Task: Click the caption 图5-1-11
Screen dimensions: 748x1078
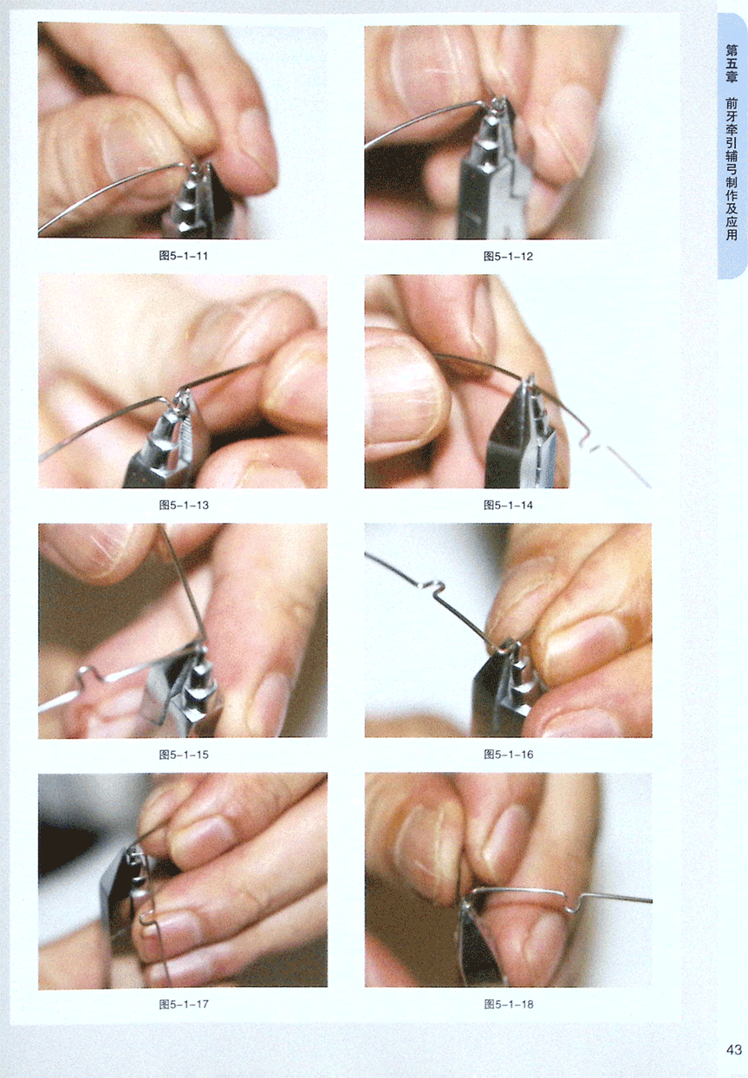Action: (183, 256)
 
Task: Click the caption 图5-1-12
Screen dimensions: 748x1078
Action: (509, 256)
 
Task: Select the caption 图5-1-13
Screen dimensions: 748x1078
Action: (184, 505)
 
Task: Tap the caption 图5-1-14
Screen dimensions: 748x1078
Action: (509, 505)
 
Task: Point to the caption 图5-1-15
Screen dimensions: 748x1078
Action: (184, 755)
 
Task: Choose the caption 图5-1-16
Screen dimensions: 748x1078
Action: (509, 755)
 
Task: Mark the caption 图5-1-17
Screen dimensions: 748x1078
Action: (184, 1004)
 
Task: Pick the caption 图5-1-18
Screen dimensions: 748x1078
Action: (509, 1004)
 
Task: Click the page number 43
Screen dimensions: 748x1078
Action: (734, 1049)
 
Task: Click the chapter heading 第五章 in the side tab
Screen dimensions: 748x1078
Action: (732, 63)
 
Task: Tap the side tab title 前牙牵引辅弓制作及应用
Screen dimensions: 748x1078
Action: (732, 168)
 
